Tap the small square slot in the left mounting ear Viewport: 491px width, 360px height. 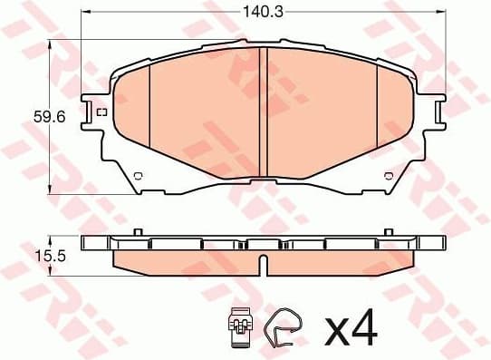[101, 112]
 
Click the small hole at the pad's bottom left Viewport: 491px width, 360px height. [138, 175]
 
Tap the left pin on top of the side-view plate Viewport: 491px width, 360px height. [136, 234]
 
